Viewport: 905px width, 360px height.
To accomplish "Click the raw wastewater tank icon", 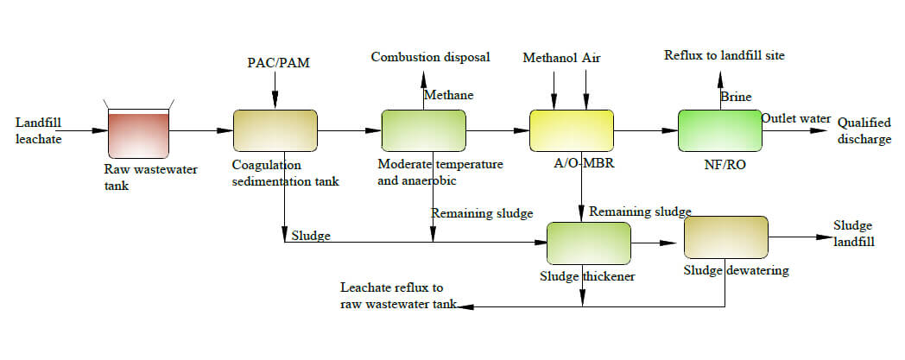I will tap(138, 130).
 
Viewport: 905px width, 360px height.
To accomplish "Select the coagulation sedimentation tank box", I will tap(275, 132).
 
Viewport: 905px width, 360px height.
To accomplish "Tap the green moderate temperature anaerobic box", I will tap(424, 132).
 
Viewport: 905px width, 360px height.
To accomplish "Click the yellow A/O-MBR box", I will tap(571, 132).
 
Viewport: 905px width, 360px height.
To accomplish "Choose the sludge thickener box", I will tap(589, 243).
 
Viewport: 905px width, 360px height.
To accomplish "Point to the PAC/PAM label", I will tap(274, 63).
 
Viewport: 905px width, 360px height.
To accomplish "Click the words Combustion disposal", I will tap(431, 58).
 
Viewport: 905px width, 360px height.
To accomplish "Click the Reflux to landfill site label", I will tap(725, 56).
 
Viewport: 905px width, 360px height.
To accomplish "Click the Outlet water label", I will tap(795, 119).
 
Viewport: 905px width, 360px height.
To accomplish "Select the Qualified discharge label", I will tap(864, 131).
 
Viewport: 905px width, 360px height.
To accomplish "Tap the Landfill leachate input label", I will tap(39, 131).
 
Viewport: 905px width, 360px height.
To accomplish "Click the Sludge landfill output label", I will tap(853, 234).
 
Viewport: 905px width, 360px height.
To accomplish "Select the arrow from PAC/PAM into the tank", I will tap(274, 90).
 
